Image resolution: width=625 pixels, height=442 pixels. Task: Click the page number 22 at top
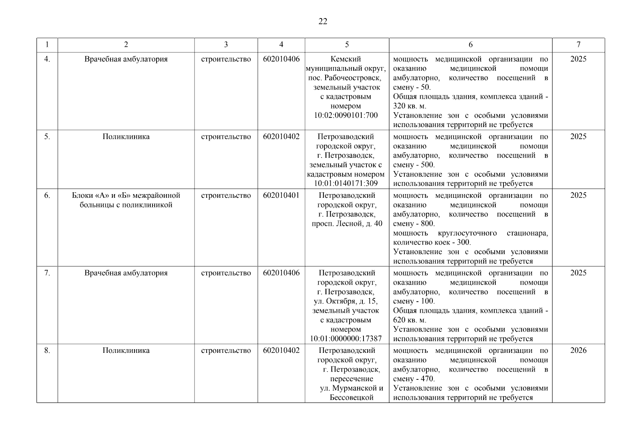point(322,21)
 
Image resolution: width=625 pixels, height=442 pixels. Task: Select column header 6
point(470,45)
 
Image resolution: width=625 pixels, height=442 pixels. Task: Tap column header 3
point(226,45)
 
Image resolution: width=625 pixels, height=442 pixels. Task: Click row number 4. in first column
point(47,59)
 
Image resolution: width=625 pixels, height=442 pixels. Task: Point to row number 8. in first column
point(47,350)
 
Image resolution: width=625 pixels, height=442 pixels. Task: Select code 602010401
point(281,196)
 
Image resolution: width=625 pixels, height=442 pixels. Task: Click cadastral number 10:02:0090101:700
point(346,115)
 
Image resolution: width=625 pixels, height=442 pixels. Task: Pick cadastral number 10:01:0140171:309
point(346,183)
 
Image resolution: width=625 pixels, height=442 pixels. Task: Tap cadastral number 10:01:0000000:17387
point(346,338)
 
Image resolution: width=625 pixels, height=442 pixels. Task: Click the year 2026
point(578,350)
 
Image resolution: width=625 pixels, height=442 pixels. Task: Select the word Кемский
point(346,59)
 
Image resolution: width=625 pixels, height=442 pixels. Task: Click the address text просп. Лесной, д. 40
point(347,224)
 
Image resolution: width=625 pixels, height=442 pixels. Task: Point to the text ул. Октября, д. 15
point(345,301)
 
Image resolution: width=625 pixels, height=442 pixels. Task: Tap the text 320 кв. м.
point(410,106)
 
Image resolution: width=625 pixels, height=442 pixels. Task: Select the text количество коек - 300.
point(432,242)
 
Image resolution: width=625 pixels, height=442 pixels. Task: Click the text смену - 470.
point(414,379)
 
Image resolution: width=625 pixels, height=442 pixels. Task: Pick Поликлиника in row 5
point(126,137)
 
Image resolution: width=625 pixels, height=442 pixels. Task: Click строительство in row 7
point(226,273)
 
